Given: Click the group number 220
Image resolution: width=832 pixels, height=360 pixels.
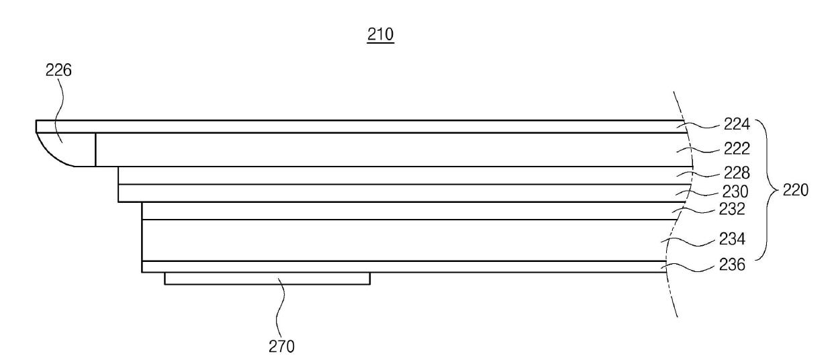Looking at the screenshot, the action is click(x=794, y=190).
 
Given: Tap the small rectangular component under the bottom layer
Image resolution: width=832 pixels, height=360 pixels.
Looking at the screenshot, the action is click(x=267, y=278).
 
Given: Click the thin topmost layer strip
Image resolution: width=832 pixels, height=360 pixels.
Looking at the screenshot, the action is click(x=336, y=126).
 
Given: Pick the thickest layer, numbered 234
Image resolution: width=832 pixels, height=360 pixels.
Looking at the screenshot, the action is click(x=403, y=240).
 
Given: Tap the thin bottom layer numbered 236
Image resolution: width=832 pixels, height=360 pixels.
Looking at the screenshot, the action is click(x=403, y=267).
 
